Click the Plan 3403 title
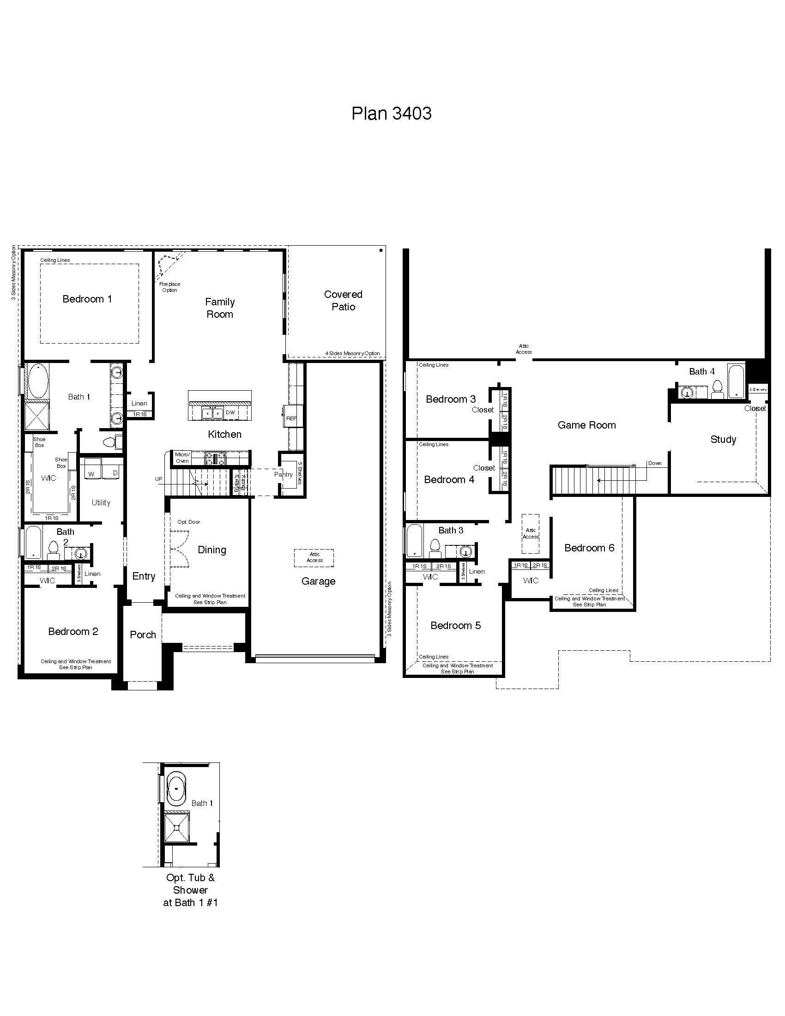click(391, 114)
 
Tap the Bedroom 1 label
click(87, 299)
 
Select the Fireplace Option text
click(170, 287)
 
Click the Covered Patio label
click(343, 301)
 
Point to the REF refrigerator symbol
click(291, 418)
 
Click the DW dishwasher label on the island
click(230, 412)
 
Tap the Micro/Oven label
click(182, 458)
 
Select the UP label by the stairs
click(159, 479)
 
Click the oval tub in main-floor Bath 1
click(36, 380)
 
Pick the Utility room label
click(101, 502)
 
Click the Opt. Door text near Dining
click(188, 522)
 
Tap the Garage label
click(318, 581)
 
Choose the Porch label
click(143, 635)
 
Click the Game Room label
click(586, 425)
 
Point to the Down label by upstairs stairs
click(655, 463)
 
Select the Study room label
click(723, 440)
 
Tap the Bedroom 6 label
click(589, 548)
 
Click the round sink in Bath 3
click(466, 552)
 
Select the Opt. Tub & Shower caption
click(190, 890)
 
